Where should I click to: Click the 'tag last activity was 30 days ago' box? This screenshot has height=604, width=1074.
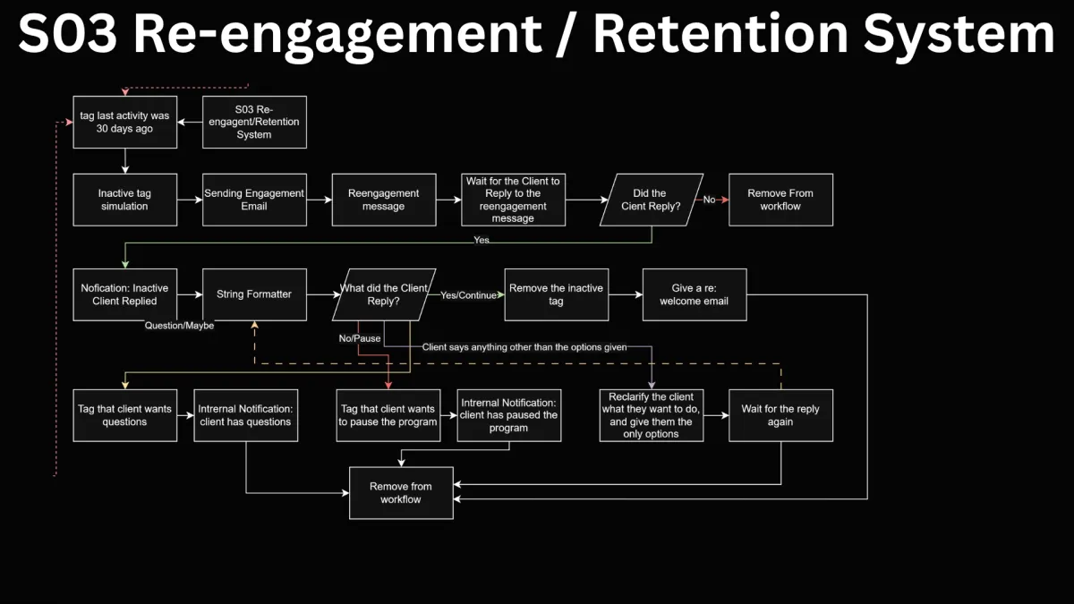124,122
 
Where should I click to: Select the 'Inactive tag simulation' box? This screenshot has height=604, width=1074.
124,200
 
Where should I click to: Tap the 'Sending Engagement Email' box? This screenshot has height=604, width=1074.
254,200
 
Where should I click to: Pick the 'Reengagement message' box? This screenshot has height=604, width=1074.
384,200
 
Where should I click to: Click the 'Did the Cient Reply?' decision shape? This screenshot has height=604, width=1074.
652,200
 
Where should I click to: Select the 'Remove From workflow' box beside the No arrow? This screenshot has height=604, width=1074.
780,200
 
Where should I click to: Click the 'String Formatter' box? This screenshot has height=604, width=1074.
254,294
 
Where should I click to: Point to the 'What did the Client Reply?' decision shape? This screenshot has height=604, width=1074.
384,294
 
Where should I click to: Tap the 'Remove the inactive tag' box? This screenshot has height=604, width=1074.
556,294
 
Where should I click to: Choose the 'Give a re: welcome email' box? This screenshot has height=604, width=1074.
695,294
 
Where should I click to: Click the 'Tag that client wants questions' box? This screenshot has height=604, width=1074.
124,415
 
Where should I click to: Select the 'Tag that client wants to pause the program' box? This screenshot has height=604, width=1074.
388,415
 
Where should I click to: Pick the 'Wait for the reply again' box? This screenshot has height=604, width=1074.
780,415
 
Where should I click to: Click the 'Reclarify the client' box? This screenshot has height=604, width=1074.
652,415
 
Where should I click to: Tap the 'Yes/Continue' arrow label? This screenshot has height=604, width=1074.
468,295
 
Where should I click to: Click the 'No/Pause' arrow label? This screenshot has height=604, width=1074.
360,338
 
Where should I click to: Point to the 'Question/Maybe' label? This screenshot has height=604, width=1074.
179,326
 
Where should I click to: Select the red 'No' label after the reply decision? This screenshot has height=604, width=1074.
709,200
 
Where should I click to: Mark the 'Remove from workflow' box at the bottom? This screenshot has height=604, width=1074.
401,493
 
